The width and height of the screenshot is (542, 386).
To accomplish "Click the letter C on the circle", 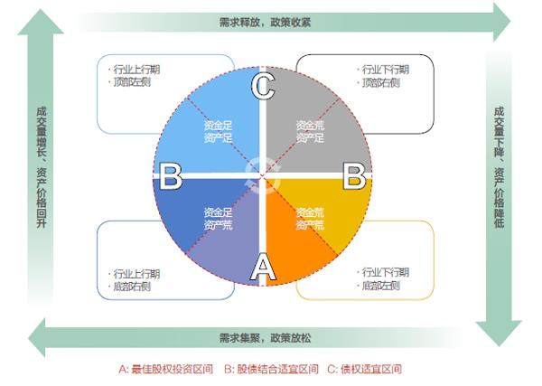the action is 262,87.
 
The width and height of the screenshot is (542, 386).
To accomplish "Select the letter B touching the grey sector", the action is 354,175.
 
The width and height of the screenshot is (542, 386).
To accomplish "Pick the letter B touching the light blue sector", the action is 170,176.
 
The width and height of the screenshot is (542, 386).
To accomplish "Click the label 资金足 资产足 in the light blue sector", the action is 218,130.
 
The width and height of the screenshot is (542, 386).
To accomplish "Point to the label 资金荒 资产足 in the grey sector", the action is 309,130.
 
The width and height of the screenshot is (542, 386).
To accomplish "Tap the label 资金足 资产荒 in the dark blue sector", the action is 218,219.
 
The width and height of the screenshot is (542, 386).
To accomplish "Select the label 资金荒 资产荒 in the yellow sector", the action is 309,219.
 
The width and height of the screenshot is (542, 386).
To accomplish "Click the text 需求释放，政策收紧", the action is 265,22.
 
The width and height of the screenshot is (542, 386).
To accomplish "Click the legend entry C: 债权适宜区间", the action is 363,369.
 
